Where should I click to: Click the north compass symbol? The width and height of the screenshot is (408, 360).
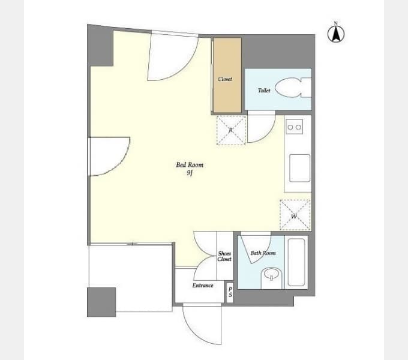[336, 33]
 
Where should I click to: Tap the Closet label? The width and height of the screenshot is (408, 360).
[225, 79]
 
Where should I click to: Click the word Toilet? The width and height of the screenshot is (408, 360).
[264, 90]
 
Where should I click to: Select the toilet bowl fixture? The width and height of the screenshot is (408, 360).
[293, 88]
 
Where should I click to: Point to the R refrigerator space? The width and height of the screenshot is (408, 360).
[231, 130]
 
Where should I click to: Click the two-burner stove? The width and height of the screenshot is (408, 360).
[294, 127]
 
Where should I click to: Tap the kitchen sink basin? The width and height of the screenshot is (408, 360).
[300, 168]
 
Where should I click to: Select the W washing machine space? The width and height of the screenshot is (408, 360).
[295, 215]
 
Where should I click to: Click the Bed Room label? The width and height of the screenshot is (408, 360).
[190, 164]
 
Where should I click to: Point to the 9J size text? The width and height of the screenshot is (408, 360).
[190, 173]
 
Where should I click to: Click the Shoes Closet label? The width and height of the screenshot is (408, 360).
[224, 256]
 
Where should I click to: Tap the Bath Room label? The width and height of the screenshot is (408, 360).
[263, 253]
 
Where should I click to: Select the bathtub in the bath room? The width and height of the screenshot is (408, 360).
[296, 262]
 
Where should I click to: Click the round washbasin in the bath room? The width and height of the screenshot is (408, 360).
[271, 275]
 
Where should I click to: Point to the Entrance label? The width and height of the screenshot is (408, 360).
[203, 286]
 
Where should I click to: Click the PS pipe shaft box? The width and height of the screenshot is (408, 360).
[230, 292]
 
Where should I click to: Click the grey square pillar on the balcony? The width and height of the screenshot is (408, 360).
[101, 302]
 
